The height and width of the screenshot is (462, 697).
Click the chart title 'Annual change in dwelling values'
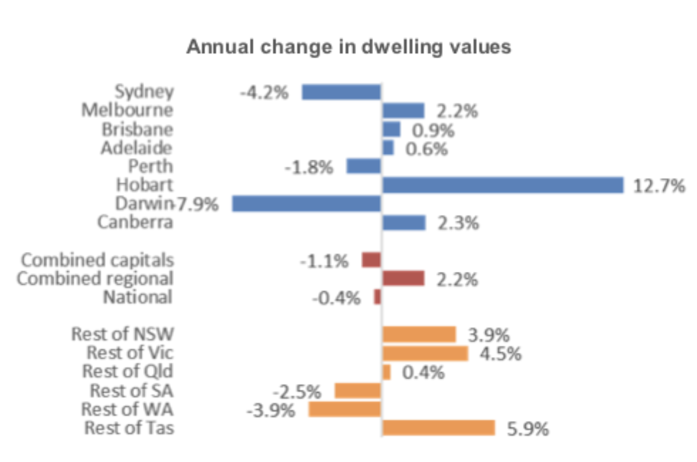click(348, 47)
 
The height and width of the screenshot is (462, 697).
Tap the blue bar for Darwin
click(306, 204)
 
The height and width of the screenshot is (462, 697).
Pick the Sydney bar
click(341, 92)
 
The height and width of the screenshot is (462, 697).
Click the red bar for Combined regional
click(403, 278)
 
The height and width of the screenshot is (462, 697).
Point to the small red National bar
click(377, 297)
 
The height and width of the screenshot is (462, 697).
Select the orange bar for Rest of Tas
click(438, 428)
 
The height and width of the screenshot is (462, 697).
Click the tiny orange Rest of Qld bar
click(386, 372)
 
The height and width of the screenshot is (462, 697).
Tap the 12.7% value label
click(658, 187)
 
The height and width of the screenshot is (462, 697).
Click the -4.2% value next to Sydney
click(264, 93)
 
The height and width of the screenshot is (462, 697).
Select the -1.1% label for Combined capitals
click(325, 261)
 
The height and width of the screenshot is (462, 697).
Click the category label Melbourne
click(127, 110)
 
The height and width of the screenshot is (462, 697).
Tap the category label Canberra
click(135, 222)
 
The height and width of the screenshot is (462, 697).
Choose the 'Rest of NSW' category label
click(123, 334)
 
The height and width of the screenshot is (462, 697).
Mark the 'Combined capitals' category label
click(97, 260)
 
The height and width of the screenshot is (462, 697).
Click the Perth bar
click(364, 166)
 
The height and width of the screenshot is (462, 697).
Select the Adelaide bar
click(388, 148)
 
